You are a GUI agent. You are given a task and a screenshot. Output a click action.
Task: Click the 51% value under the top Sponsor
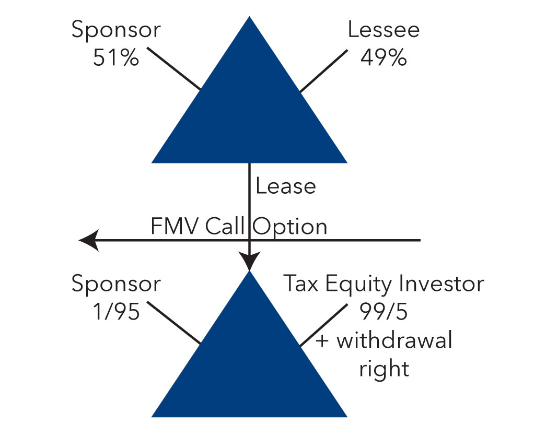click(116, 57)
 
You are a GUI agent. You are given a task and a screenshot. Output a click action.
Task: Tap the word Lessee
click(384, 30)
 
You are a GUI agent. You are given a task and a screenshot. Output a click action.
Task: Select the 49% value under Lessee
click(384, 57)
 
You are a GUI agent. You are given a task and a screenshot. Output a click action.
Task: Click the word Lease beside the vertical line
click(285, 186)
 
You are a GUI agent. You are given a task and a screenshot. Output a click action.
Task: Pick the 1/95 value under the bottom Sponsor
click(116, 312)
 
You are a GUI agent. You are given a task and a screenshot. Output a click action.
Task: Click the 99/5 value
click(384, 312)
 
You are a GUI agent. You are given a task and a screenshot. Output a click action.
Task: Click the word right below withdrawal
click(384, 369)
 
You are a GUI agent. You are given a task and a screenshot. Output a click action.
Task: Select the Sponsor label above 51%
click(116, 31)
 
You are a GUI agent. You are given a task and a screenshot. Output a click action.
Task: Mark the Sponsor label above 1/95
click(116, 285)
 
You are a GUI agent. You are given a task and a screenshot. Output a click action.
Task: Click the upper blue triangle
click(249, 115)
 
